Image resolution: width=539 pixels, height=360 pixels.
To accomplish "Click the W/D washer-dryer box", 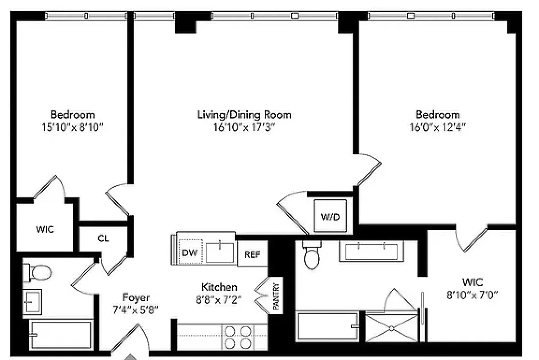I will [330, 216].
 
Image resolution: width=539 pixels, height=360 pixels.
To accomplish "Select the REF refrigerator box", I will [252, 254].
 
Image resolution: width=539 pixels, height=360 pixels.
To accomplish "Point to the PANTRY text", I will [276, 296].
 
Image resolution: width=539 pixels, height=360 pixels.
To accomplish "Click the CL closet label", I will [103, 239].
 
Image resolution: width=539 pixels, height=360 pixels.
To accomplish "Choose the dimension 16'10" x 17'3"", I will [244, 127].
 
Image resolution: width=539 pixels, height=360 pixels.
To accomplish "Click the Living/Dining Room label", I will [244, 114].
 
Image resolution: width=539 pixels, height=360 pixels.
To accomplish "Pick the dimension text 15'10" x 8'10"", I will [72, 127].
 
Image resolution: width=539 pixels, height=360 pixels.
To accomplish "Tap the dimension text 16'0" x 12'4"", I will [438, 127].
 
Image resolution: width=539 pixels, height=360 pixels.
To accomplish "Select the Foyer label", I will [136, 297].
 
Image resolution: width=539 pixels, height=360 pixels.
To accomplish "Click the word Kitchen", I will [219, 287].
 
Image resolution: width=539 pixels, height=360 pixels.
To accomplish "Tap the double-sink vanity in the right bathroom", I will [371, 251].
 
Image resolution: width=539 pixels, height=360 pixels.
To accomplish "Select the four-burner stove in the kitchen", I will [237, 336].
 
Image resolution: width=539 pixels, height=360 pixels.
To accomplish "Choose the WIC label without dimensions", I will [45, 229].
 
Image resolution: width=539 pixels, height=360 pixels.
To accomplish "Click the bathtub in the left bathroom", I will [61, 334].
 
